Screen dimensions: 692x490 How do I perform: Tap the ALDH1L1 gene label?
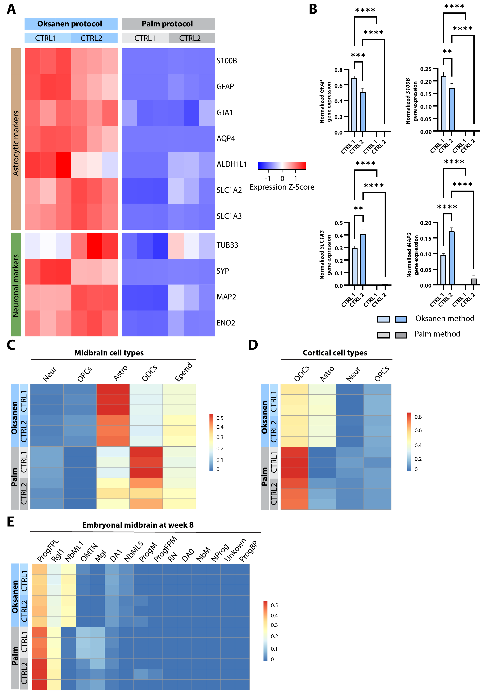click(x=231, y=164)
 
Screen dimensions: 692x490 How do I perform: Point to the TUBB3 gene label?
click(x=227, y=245)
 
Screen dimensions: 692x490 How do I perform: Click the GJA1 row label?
click(x=225, y=112)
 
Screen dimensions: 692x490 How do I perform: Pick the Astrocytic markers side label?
click(x=16, y=143)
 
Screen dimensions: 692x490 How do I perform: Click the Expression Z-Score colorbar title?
click(x=282, y=187)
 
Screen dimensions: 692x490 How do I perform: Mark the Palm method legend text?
click(x=437, y=334)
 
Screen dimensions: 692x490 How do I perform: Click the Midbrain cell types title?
click(x=109, y=353)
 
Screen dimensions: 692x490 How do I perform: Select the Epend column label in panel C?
click(x=183, y=372)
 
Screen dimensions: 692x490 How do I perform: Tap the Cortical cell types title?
click(x=335, y=353)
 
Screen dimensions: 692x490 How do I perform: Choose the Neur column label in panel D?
click(x=353, y=374)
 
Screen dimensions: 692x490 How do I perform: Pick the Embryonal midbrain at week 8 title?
click(x=138, y=525)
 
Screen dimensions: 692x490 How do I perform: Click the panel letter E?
click(x=10, y=522)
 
